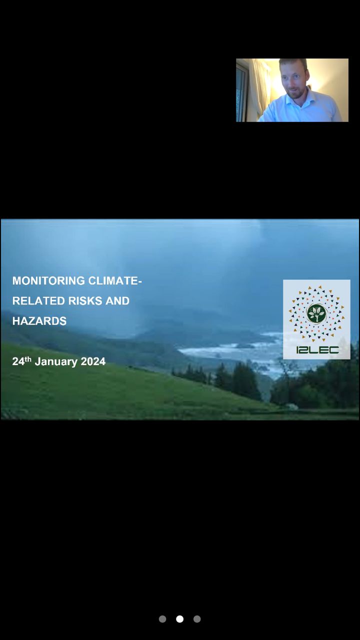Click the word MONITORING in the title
pyautogui.click(x=48, y=280)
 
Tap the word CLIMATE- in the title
pyautogui.click(x=115, y=280)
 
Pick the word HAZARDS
pyautogui.click(x=39, y=321)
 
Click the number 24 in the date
pyautogui.click(x=18, y=361)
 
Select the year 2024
pyautogui.click(x=93, y=361)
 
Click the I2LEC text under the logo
pyautogui.click(x=317, y=349)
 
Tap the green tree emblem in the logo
pyautogui.click(x=316, y=313)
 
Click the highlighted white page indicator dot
pyautogui.click(x=179, y=619)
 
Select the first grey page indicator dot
pyautogui.click(x=162, y=619)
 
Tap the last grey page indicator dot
pyautogui.click(x=197, y=619)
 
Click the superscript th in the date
pyautogui.click(x=27, y=359)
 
